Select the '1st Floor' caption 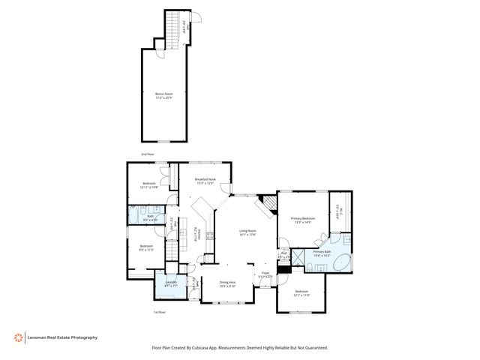pyautogui.click(x=158, y=311)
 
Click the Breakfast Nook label pyautogui.click(x=205, y=181)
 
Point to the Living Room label pyautogui.click(x=247, y=232)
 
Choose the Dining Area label pyautogui.click(x=227, y=283)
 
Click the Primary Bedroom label pyautogui.click(x=303, y=220)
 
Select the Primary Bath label pyautogui.click(x=323, y=253)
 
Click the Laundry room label pyautogui.click(x=160, y=284)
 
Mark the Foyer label pyautogui.click(x=265, y=274)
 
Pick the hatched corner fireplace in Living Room pyautogui.click(x=267, y=203)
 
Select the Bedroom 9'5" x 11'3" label pyautogui.click(x=145, y=248)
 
